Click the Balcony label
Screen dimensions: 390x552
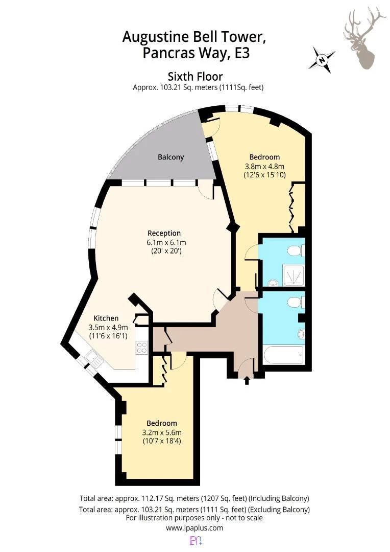pos(170,157)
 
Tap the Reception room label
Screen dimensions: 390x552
pos(164,233)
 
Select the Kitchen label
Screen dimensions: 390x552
pos(106,318)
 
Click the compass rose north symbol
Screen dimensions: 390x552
pos(322,60)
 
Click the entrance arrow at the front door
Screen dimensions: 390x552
pos(247,380)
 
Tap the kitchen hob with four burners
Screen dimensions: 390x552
pos(142,348)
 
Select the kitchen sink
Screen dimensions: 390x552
pos(93,359)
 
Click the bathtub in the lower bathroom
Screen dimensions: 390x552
pos(283,355)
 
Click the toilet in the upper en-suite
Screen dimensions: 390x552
pos(296,250)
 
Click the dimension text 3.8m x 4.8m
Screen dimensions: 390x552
pos(264,166)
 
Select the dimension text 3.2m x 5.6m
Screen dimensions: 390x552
pos(162,432)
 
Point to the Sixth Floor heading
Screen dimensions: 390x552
pos(195,76)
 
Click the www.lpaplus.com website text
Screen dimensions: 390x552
pos(194,527)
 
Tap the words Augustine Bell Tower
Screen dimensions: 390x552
pos(194,37)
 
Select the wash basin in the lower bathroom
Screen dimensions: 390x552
pos(301,334)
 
